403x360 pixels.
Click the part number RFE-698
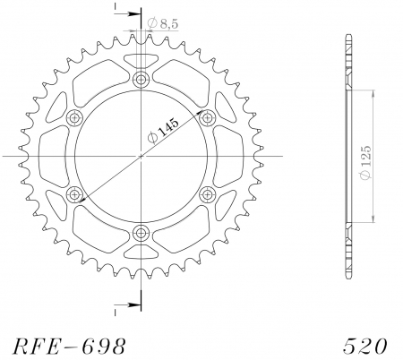click(65, 344)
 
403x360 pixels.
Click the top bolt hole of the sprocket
click(141, 81)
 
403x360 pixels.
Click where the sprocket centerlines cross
click(141, 157)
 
